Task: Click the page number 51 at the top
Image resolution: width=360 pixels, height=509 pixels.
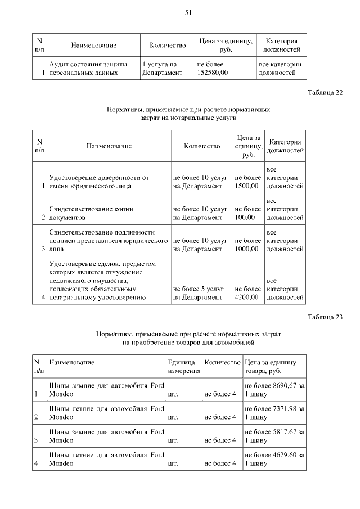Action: point(188,12)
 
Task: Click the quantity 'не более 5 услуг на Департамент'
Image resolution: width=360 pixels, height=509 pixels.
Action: point(201,293)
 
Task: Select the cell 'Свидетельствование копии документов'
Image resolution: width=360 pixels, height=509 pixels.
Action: point(91,213)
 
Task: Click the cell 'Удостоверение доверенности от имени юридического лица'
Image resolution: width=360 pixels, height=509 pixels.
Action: point(99,182)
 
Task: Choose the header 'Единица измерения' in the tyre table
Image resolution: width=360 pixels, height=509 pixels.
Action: point(183,367)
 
